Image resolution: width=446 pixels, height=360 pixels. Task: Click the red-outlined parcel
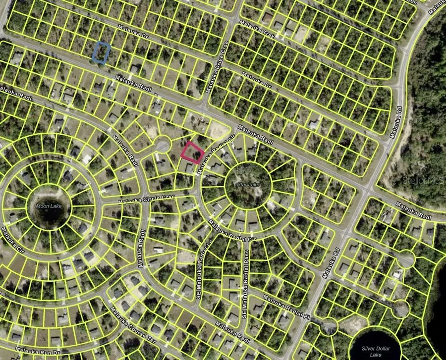(x=192, y=152)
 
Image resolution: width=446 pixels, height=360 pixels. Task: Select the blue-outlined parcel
(x=102, y=52)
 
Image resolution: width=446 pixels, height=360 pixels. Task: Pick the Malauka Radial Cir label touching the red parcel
(x=215, y=155)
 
